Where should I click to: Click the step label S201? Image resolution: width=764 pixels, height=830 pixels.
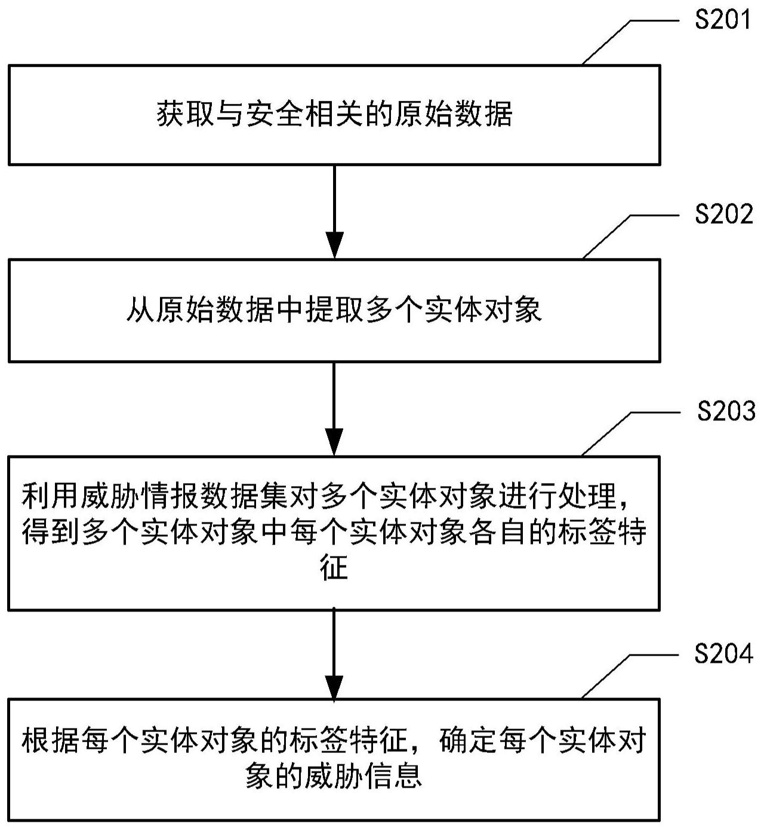pyautogui.click(x=723, y=20)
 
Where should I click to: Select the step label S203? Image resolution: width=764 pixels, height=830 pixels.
pyautogui.click(x=726, y=411)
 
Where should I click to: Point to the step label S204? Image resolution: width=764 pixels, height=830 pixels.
pyautogui.click(x=723, y=654)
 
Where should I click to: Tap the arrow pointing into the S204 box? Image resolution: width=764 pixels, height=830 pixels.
pyautogui.click(x=334, y=654)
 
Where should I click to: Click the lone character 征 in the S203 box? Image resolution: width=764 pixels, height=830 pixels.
pyautogui.click(x=334, y=568)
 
